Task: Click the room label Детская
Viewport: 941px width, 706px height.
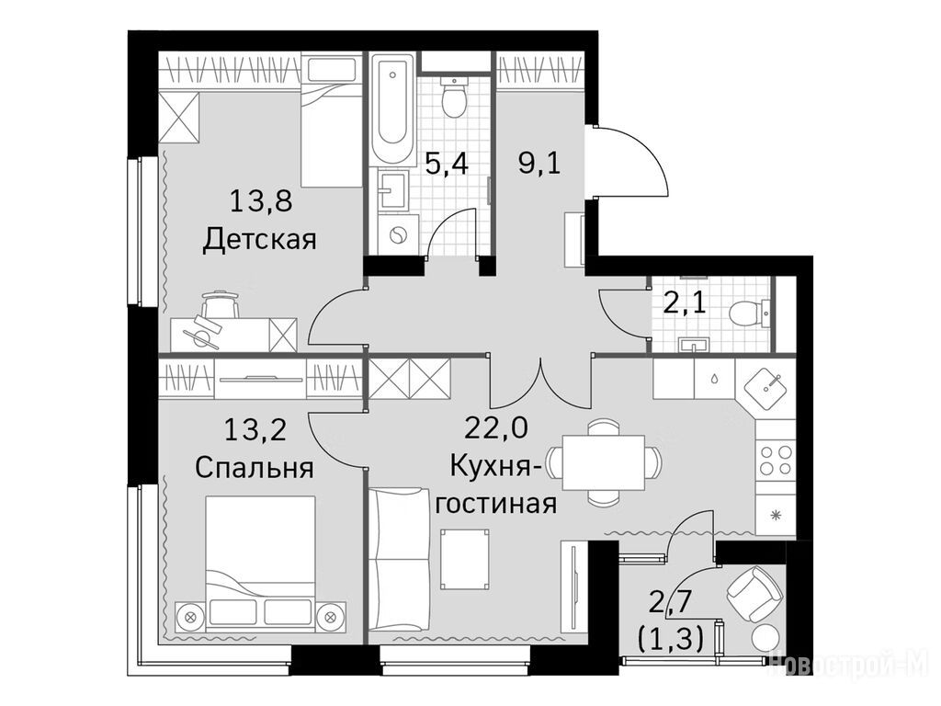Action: (x=259, y=240)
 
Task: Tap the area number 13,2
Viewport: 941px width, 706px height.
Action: (x=255, y=429)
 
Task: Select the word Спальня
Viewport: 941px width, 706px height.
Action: (x=255, y=468)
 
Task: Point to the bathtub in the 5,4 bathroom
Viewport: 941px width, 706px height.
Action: (x=392, y=108)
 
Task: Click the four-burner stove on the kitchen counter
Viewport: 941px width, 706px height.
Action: (x=776, y=460)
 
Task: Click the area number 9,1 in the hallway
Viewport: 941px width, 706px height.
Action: (x=539, y=163)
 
